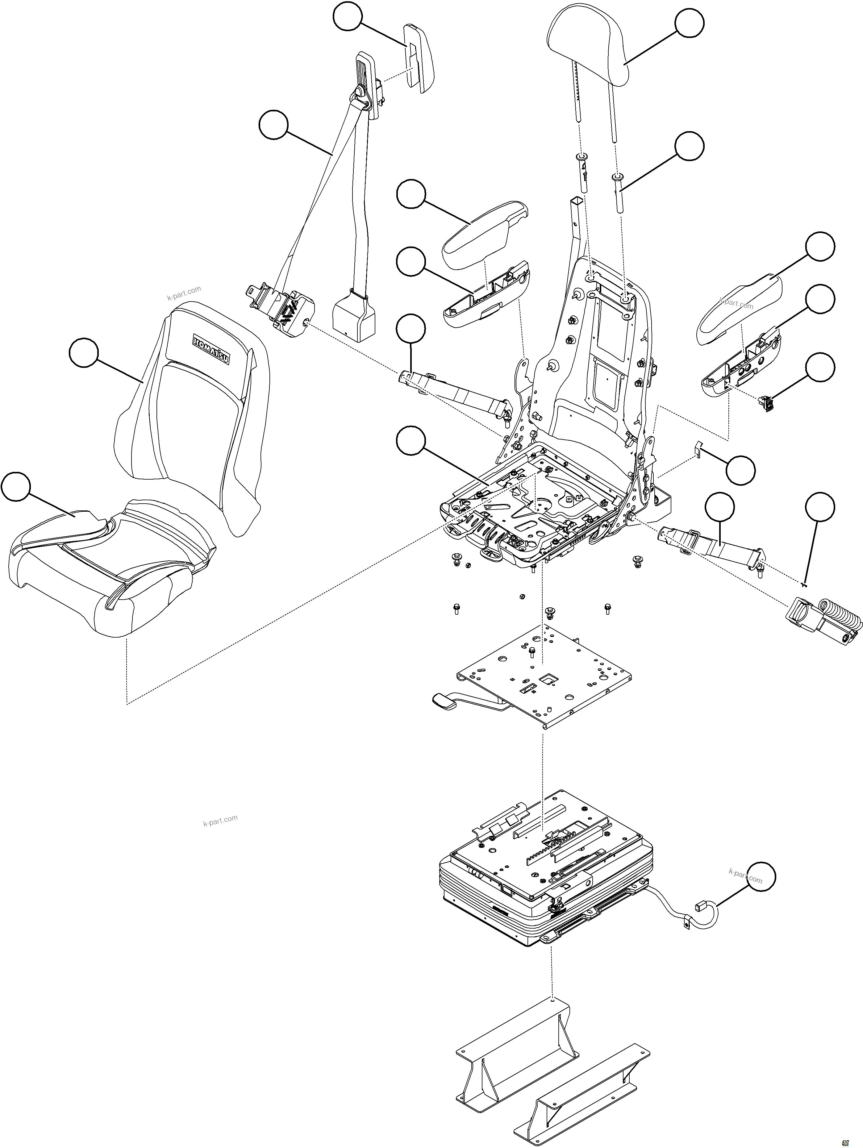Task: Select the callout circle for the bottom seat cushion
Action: pyautogui.click(x=15, y=486)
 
